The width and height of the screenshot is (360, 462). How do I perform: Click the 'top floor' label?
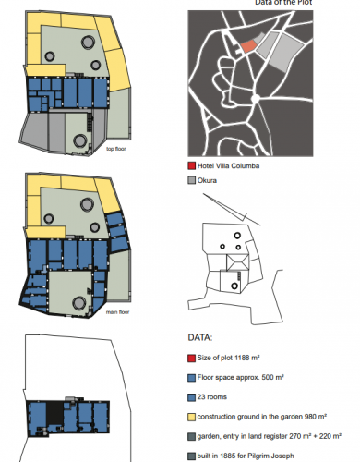[116, 149]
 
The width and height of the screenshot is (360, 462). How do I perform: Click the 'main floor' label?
[117, 312]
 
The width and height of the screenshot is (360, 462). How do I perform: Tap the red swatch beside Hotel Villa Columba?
[192, 166]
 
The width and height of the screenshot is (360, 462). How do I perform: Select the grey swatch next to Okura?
[192, 180]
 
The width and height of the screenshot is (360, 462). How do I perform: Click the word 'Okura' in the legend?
[207, 180]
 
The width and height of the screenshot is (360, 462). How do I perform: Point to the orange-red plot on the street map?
[248, 46]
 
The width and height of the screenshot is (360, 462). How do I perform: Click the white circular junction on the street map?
[256, 99]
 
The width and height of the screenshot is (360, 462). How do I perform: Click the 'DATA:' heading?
[200, 337]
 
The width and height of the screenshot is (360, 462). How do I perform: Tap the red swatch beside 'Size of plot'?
[192, 359]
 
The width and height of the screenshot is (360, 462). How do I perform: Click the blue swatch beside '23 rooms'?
[192, 397]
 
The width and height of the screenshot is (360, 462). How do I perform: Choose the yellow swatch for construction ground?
[192, 417]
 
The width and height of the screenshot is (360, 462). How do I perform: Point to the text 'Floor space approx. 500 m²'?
[240, 377]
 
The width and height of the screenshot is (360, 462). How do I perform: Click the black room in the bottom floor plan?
[55, 412]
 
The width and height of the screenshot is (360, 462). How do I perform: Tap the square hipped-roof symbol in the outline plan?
[237, 262]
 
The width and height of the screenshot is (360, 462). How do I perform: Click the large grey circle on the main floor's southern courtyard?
[79, 303]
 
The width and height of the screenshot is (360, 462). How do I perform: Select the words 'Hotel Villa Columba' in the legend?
[228, 165]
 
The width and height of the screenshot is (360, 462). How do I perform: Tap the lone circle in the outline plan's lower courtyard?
[234, 286]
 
